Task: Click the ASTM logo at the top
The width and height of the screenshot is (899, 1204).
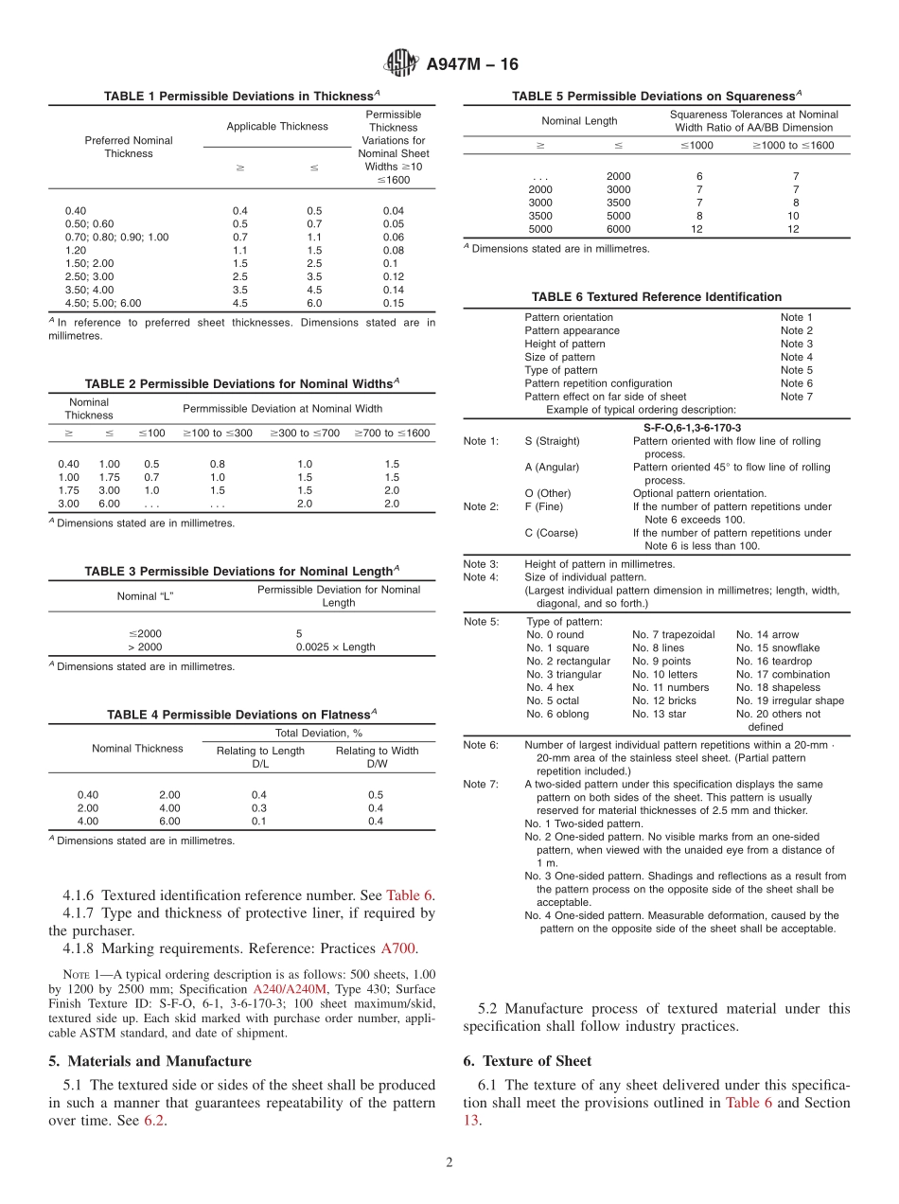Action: pos(401,63)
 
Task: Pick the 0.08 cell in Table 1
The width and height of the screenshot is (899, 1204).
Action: pos(393,251)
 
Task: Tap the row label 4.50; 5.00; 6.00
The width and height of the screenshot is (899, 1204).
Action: pos(102,304)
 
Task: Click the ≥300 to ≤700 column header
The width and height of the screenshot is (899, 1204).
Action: pos(305,434)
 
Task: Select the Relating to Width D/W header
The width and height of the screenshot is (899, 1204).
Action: pos(377,757)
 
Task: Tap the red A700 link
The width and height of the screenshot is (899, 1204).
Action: pos(397,948)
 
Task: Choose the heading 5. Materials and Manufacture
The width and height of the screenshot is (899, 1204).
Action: pos(150,1061)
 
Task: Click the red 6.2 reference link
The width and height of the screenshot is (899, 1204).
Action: pos(153,1121)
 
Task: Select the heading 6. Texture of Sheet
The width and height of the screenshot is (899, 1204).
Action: pos(527,1061)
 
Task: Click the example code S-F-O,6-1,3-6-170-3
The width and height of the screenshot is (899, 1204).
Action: pos(692,428)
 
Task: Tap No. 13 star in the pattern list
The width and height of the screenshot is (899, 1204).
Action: pos(659,715)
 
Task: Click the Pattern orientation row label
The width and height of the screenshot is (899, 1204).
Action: pos(569,317)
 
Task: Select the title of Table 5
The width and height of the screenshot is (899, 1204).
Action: pos(657,96)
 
